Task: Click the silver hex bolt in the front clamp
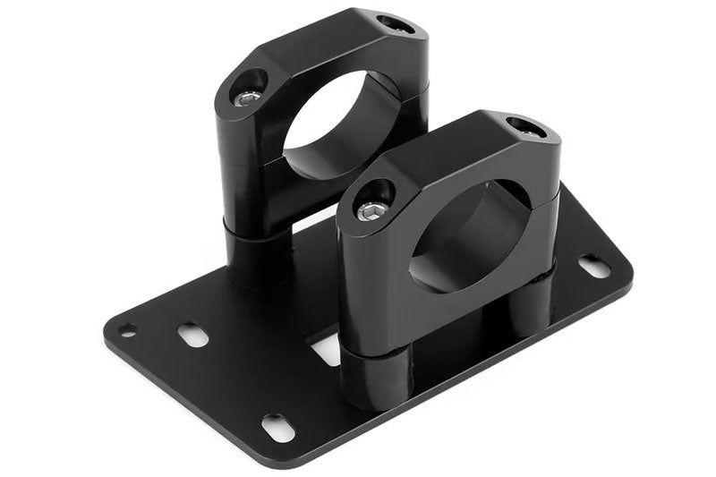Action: [x=372, y=211]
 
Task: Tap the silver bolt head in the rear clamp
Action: [x=250, y=97]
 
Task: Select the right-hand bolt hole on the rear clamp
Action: [x=395, y=24]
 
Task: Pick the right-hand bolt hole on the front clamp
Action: [x=525, y=127]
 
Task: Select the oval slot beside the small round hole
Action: [x=192, y=335]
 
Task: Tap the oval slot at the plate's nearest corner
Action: [x=278, y=428]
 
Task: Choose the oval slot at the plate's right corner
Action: [x=594, y=266]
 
